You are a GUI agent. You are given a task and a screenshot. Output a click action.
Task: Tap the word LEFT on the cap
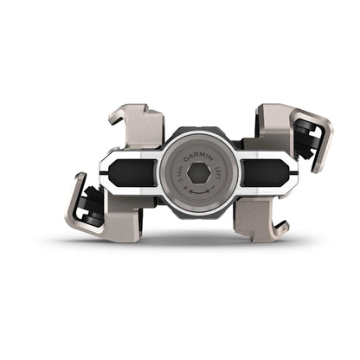pos(217,167)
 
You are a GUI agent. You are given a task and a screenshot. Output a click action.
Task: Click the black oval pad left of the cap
pos(135,170)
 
